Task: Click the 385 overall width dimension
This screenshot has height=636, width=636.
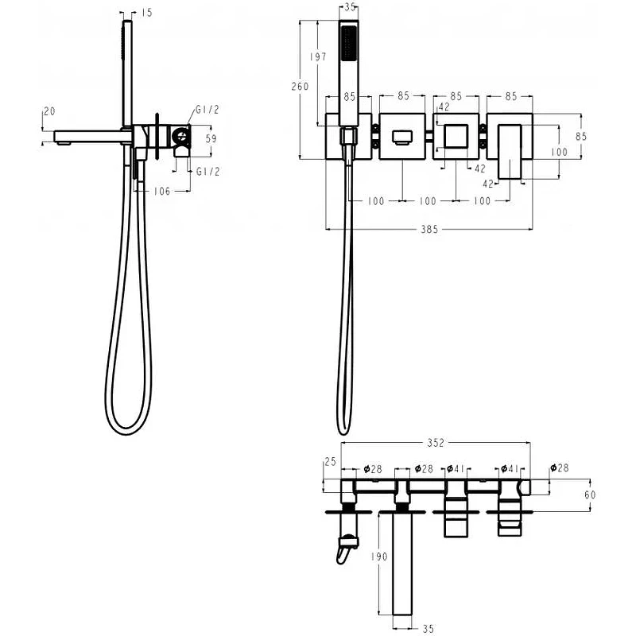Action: pos(429,230)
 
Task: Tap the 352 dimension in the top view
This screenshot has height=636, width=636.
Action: pos(436,443)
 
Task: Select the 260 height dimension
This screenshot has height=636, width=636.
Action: pos(301,87)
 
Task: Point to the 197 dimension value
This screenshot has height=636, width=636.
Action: pos(318,56)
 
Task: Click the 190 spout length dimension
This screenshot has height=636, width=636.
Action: pos(379,556)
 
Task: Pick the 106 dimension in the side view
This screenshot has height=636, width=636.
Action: pos(162,191)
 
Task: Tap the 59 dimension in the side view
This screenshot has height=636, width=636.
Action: pos(211,138)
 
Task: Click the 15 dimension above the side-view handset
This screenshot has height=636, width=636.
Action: pos(147,13)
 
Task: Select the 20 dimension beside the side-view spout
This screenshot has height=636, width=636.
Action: pos(49,111)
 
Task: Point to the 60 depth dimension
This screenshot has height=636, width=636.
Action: pos(590,494)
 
